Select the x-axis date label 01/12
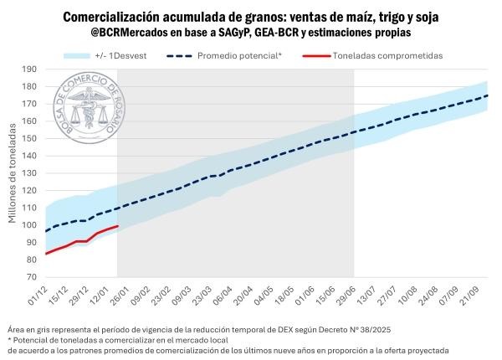pos(36,294)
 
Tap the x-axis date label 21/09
pos(476,294)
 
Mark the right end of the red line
pos(118,226)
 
